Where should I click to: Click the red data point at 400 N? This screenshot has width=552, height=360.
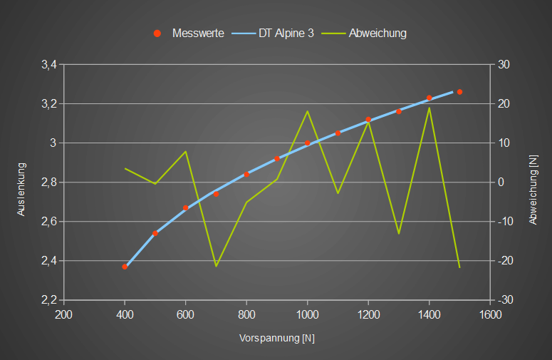coord(125,267)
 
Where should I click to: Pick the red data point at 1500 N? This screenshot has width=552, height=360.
coord(459,92)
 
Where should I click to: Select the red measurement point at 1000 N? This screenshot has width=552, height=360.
coord(307,143)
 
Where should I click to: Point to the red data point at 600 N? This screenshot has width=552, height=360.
coord(185,208)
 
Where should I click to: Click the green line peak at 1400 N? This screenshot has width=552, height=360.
coord(429,108)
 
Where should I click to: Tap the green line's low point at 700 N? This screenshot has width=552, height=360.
coord(216,266)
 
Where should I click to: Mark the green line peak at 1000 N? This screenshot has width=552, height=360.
coord(307,111)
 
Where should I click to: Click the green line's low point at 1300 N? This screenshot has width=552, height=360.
coord(398,234)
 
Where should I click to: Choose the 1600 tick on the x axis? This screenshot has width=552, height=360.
coord(489,314)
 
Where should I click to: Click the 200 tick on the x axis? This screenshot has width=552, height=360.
coord(64,314)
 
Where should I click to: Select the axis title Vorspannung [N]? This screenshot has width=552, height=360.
coord(276,339)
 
